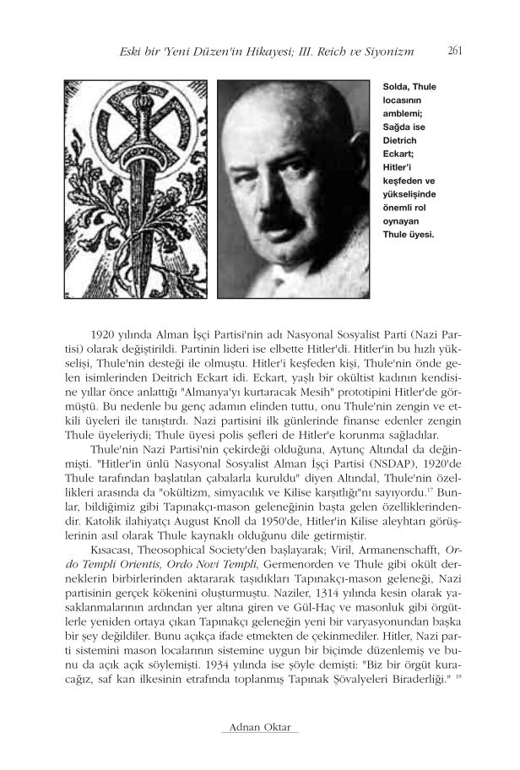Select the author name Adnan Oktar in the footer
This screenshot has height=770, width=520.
coord(259,728)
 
